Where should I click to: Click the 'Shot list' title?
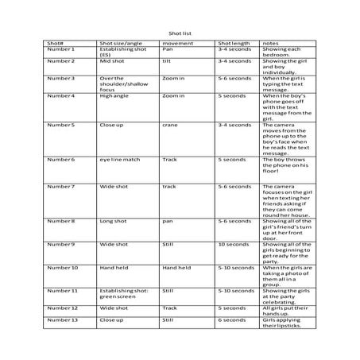click(x=180, y=33)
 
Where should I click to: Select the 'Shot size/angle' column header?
click(x=119, y=43)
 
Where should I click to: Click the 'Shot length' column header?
click(x=234, y=43)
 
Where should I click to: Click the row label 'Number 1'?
click(x=61, y=49)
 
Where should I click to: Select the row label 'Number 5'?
click(x=61, y=125)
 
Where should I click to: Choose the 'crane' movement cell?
click(x=169, y=125)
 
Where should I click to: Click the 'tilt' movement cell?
click(x=167, y=61)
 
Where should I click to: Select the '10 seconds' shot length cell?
click(x=233, y=244)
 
